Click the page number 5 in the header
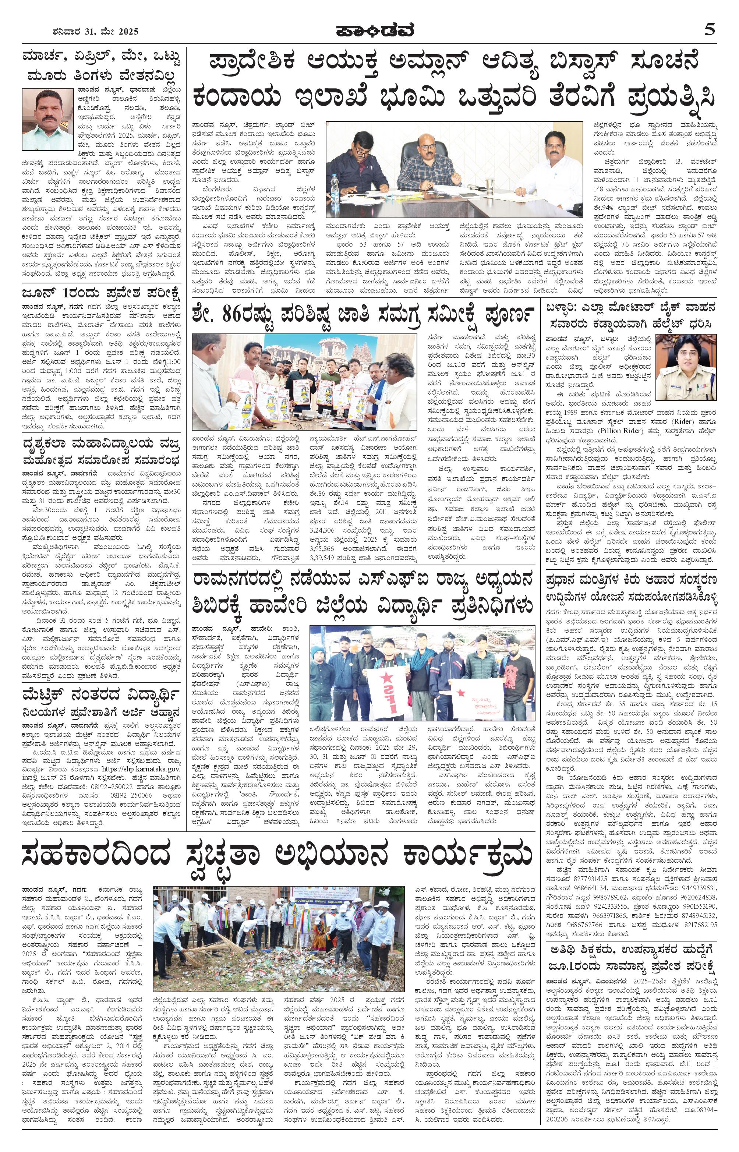pyautogui.click(x=710, y=30)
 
